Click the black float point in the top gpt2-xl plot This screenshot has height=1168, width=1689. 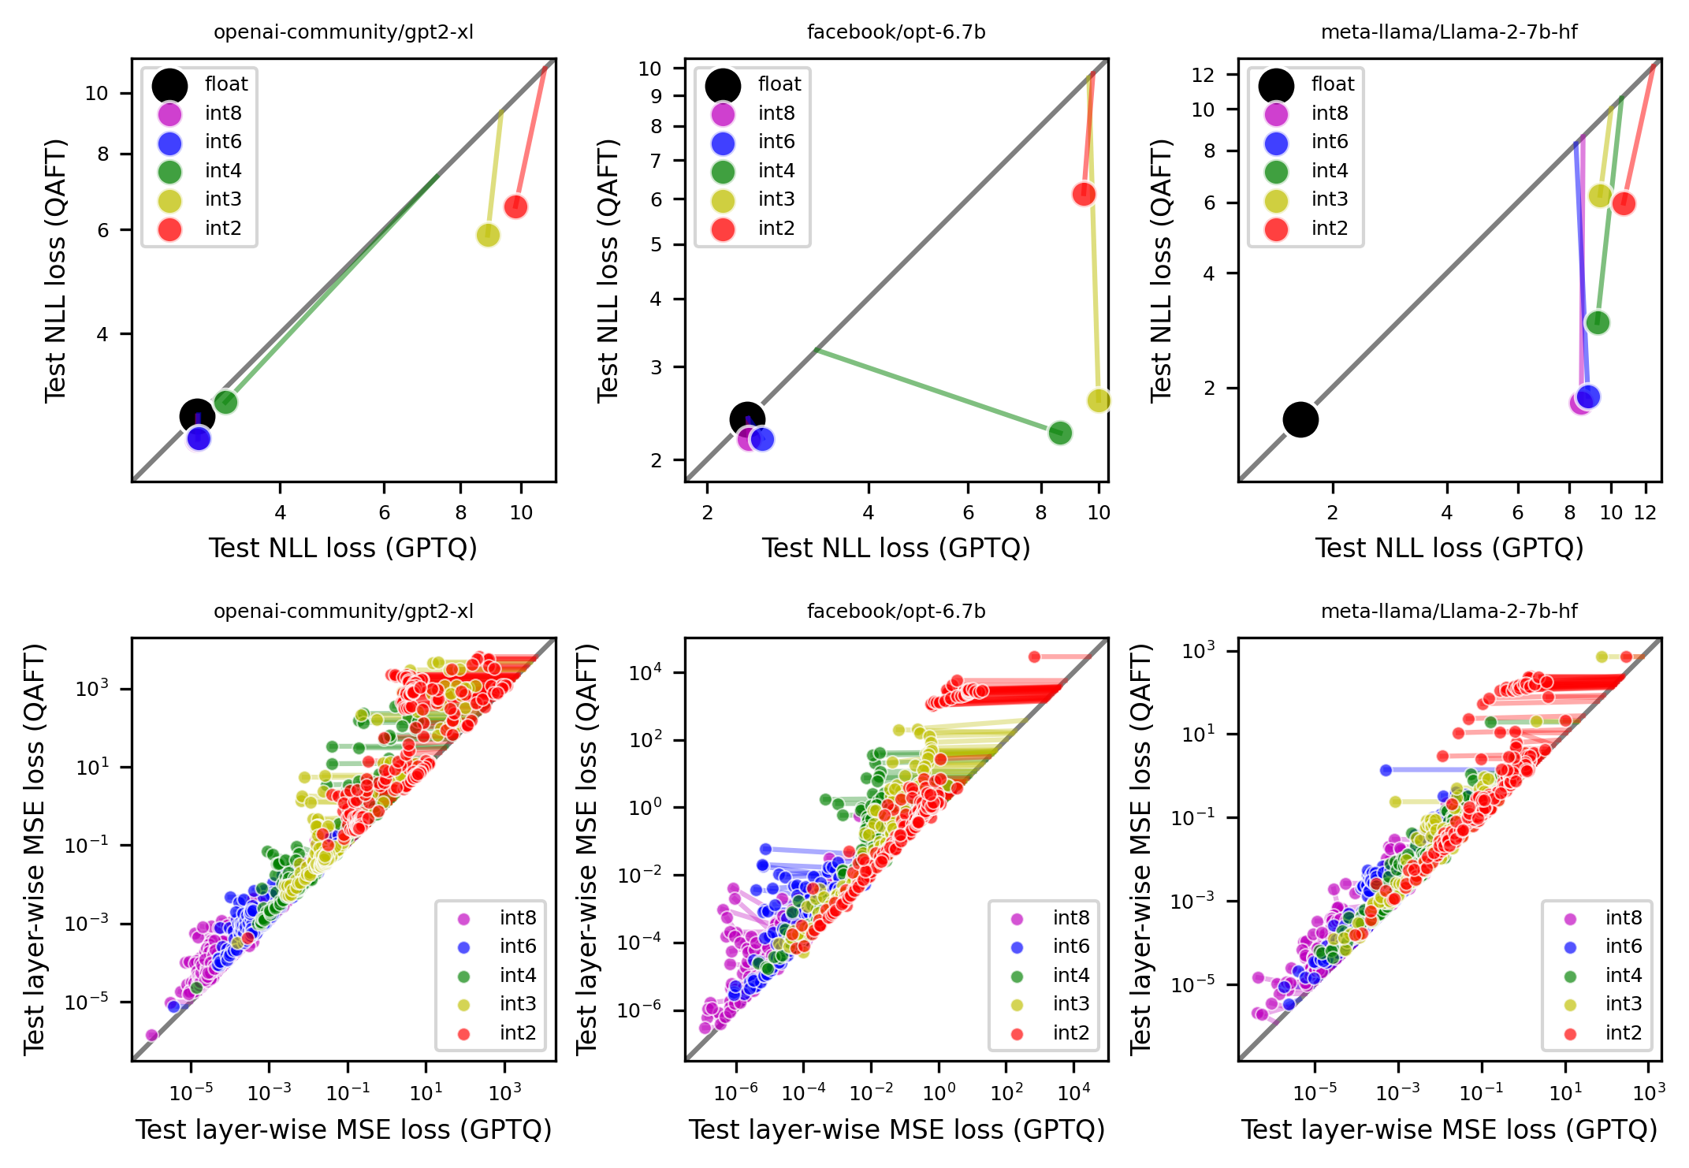[x=196, y=416]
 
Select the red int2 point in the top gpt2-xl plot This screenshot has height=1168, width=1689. [x=515, y=206]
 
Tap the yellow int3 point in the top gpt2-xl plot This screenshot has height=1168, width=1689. [x=488, y=235]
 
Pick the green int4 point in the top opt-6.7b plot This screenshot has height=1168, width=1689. [x=1060, y=433]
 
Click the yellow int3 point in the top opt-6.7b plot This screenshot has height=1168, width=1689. [x=1099, y=400]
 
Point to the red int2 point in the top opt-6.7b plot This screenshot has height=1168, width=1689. [x=1084, y=194]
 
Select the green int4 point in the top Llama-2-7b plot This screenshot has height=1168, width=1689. [x=1598, y=322]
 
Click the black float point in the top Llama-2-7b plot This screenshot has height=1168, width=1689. [x=1300, y=419]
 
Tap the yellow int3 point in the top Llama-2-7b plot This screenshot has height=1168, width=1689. [x=1600, y=195]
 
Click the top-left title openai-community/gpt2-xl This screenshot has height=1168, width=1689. [x=344, y=32]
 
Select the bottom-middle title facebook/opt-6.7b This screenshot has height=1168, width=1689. [x=896, y=612]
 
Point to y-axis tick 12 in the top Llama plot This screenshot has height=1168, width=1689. [x=1203, y=75]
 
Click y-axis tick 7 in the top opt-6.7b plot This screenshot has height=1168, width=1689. [x=656, y=161]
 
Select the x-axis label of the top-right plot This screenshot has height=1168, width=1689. [x=1449, y=548]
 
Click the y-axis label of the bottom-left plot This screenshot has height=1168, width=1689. [x=35, y=849]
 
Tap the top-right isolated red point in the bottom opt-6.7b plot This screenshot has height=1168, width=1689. [x=1034, y=657]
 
